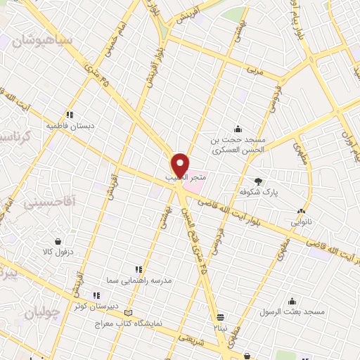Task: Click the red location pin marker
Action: coord(181,165)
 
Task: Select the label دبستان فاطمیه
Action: coord(70,126)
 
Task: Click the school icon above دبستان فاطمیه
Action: coord(70,115)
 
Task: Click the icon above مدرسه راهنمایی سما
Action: coord(139,269)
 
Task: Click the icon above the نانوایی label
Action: coord(302,210)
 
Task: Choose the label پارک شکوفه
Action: coord(257,191)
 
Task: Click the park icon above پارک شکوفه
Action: coord(258,180)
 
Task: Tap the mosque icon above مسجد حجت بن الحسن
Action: coord(238,129)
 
